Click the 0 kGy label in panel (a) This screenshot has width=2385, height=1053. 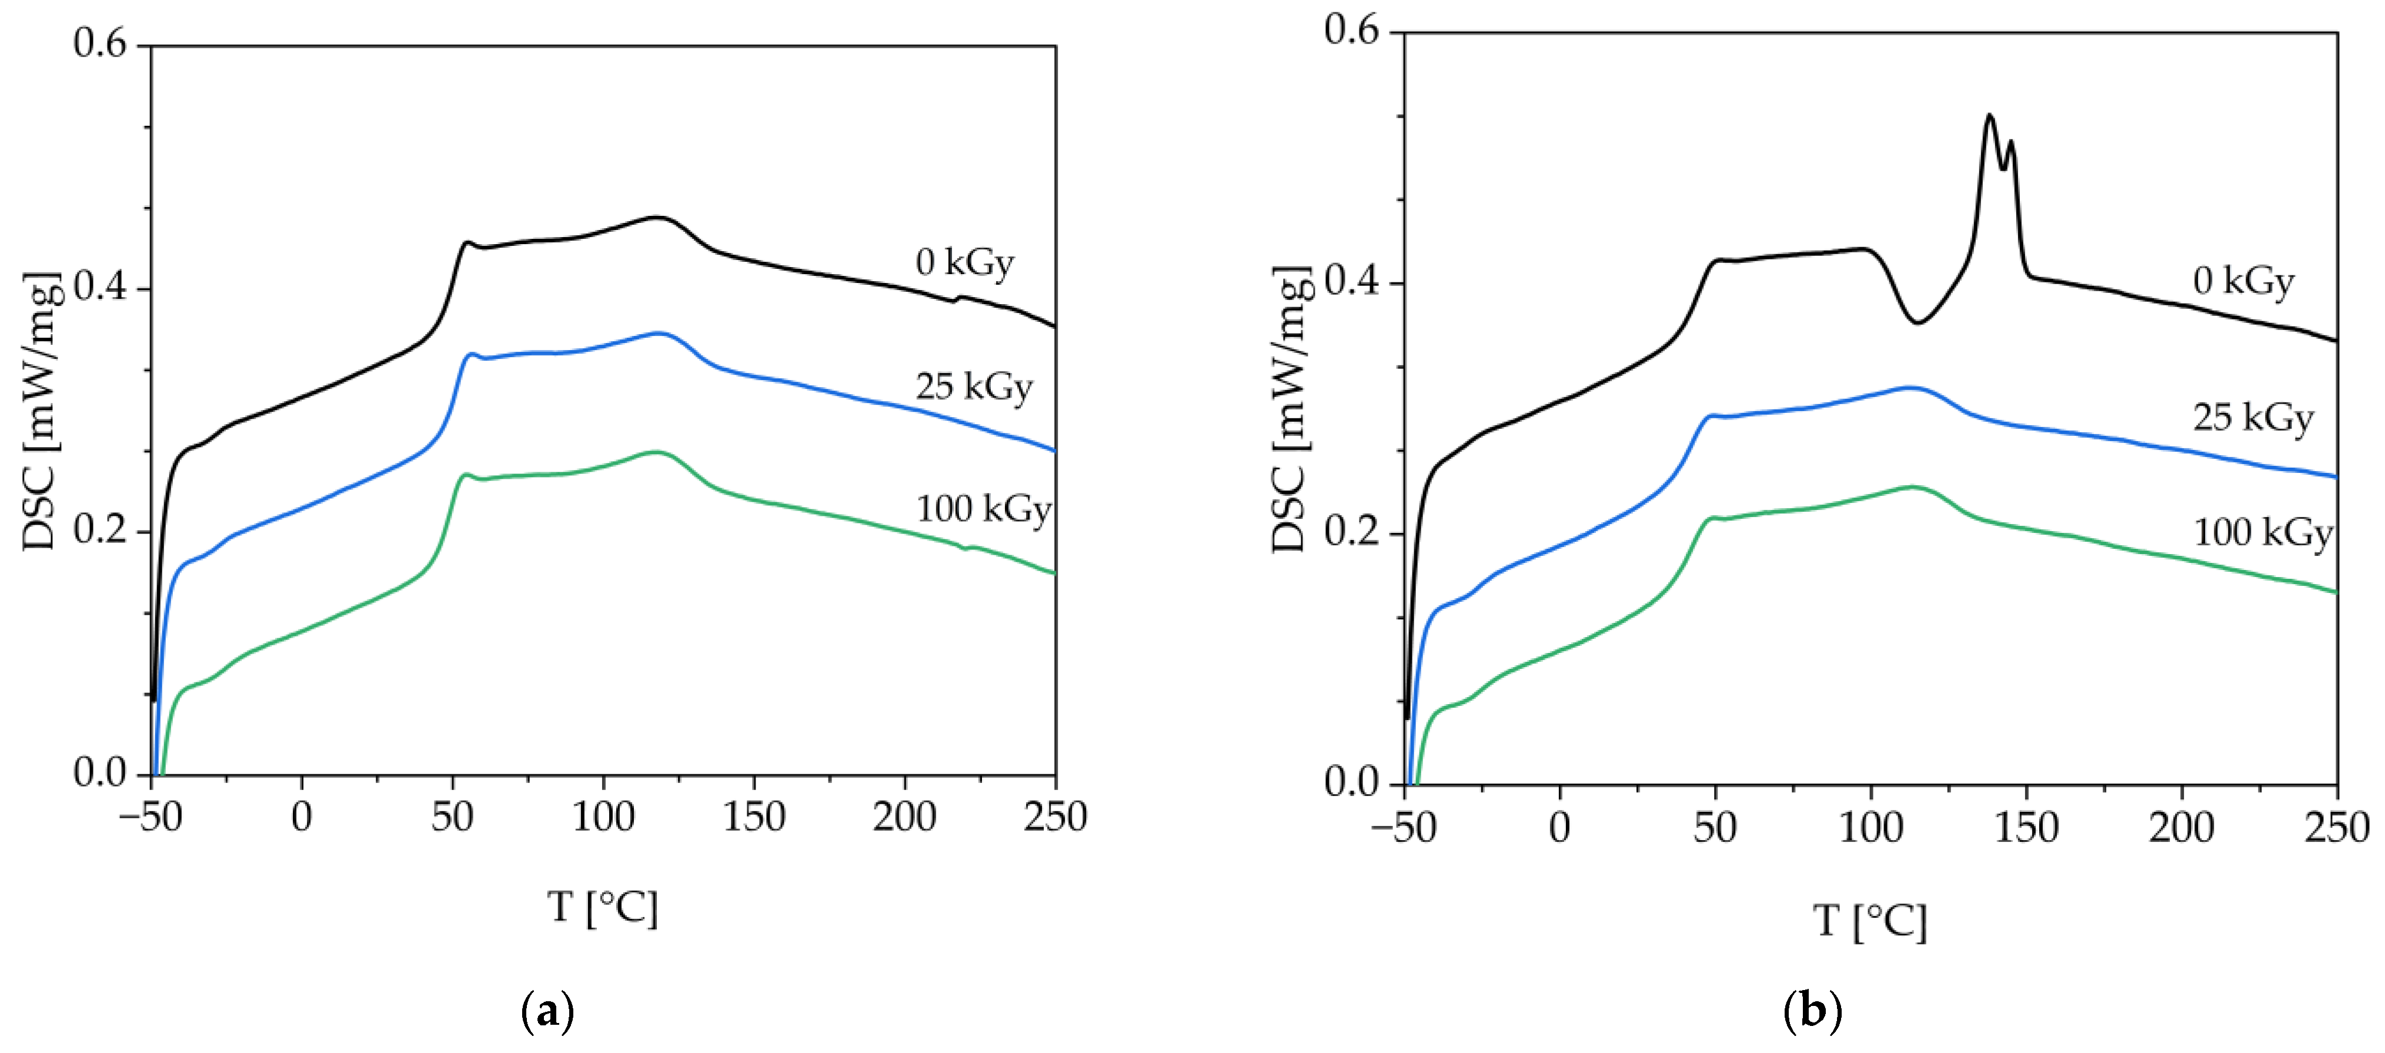pyautogui.click(x=965, y=263)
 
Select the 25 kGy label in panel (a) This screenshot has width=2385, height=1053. pyautogui.click(x=974, y=387)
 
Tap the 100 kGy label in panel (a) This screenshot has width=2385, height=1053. pyautogui.click(x=983, y=509)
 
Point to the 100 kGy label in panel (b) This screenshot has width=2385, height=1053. pyautogui.click(x=2263, y=532)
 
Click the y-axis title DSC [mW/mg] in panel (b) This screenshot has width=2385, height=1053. pyautogui.click(x=1291, y=410)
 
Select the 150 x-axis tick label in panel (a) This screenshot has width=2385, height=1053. pyautogui.click(x=754, y=817)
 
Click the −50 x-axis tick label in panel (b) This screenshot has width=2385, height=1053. pyautogui.click(x=1404, y=828)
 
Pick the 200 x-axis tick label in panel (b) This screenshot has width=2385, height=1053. pyautogui.click(x=2182, y=828)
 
